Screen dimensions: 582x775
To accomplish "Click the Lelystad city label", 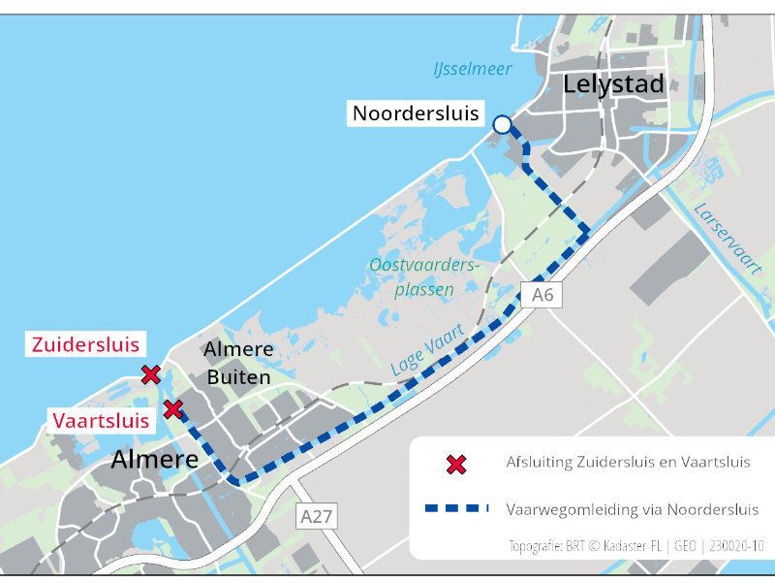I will [x=613, y=84].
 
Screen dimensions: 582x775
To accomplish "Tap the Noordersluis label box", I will [x=416, y=113].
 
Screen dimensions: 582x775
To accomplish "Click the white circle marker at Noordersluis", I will [x=502, y=124].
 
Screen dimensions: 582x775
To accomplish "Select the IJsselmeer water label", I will [x=473, y=69].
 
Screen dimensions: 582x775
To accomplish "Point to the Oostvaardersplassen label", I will [x=424, y=276].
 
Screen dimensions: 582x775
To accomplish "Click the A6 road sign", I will [x=542, y=295].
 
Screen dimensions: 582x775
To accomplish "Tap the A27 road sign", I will [x=317, y=516].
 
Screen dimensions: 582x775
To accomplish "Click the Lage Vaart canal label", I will [x=428, y=350].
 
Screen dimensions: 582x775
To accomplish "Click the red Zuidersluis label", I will [x=85, y=344].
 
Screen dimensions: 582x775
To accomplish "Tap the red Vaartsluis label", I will [x=101, y=420].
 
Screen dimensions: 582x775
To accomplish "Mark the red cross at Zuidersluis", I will [x=150, y=374].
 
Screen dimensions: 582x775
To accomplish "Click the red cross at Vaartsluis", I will [x=172, y=409].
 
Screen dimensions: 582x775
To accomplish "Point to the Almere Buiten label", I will [x=238, y=363].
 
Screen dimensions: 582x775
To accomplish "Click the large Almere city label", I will [x=154, y=459].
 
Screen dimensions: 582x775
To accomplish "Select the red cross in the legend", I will [x=456, y=464].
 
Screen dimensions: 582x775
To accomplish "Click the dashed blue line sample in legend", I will [x=456, y=508].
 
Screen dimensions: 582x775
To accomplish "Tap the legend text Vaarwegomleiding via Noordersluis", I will [x=633, y=508].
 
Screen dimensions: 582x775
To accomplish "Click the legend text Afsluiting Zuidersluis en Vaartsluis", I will [x=628, y=463].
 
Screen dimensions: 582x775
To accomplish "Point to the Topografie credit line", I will [x=636, y=545].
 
